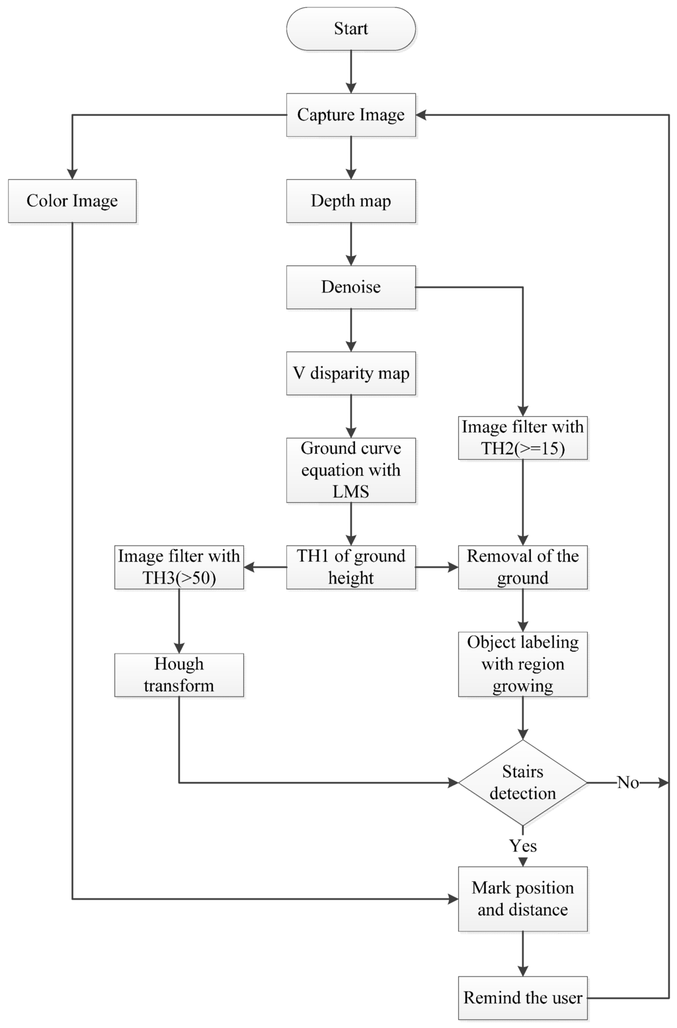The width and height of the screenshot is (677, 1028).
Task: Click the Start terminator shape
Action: point(350,29)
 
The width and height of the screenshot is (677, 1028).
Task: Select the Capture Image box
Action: point(350,115)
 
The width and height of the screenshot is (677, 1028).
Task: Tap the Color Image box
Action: point(72,201)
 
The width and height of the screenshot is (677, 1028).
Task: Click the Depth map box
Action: point(350,201)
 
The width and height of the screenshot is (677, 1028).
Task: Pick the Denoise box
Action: point(350,287)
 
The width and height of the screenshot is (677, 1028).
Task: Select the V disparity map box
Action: point(350,373)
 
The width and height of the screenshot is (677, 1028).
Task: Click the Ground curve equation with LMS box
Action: point(350,470)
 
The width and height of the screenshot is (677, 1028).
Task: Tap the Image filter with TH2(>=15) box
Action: point(522,437)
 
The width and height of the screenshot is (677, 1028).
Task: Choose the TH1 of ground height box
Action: point(350,567)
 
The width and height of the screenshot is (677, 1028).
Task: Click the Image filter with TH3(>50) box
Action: point(179,567)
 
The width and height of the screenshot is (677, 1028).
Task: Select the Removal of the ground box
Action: point(522,567)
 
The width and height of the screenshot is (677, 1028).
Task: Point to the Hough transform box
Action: point(179,675)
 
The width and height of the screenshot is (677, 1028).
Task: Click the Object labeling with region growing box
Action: point(522,664)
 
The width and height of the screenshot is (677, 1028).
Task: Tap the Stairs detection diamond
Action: point(522,783)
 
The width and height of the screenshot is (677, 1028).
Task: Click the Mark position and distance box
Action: point(522,899)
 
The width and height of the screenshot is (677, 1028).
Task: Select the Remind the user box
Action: point(522,998)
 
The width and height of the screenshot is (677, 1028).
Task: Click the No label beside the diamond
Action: point(627,783)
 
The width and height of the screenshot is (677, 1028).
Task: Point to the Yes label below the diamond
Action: point(522,846)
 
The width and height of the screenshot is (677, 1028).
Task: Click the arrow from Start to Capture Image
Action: point(350,71)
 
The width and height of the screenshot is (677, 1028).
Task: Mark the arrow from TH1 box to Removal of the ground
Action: point(437,567)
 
